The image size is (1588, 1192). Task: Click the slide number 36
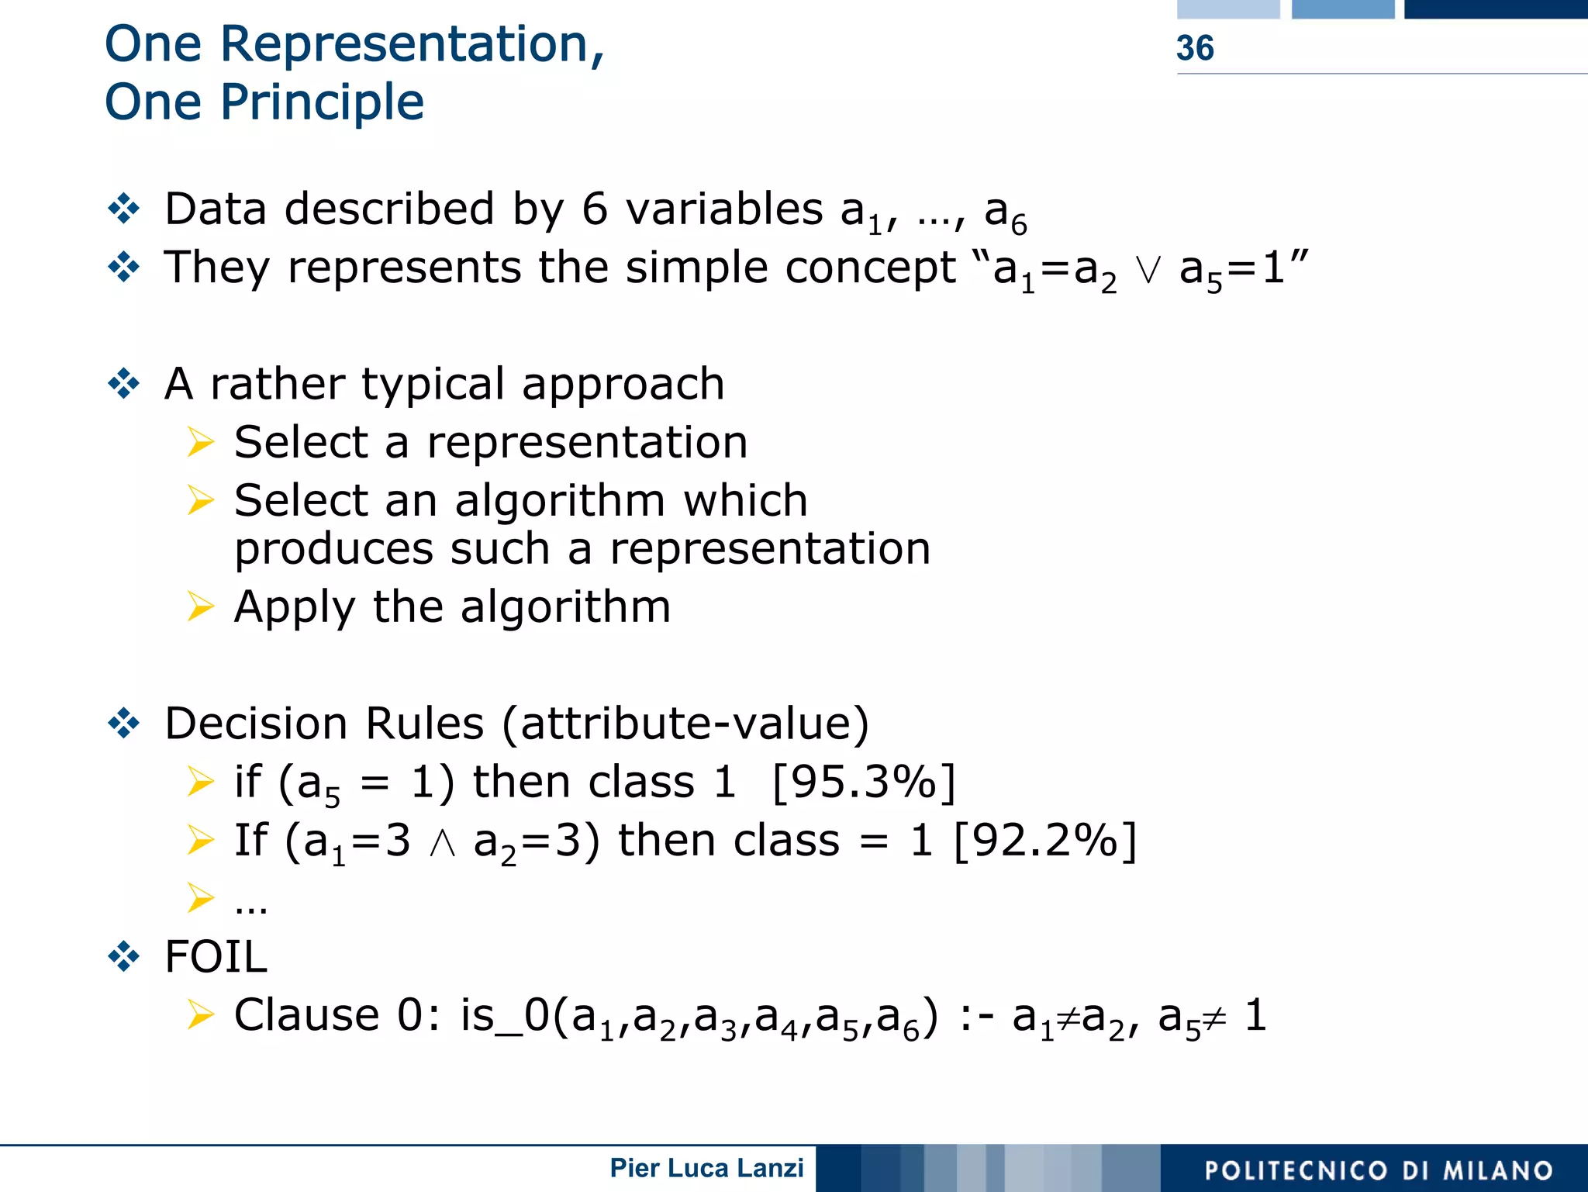tap(1195, 48)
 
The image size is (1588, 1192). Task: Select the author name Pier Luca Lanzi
tap(706, 1168)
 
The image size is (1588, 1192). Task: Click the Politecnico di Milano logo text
tap(1379, 1170)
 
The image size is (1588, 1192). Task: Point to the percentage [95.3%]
tap(864, 782)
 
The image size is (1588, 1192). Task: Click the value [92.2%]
tap(1044, 840)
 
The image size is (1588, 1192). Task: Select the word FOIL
tap(216, 956)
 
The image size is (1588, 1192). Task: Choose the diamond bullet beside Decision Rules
tap(124, 724)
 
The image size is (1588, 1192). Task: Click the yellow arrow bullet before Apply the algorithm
tap(200, 606)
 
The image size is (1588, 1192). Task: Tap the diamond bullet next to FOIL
tap(124, 956)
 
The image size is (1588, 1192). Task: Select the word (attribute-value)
tap(685, 724)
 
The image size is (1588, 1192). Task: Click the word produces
tap(333, 549)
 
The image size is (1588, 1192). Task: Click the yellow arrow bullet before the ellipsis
tap(200, 898)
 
